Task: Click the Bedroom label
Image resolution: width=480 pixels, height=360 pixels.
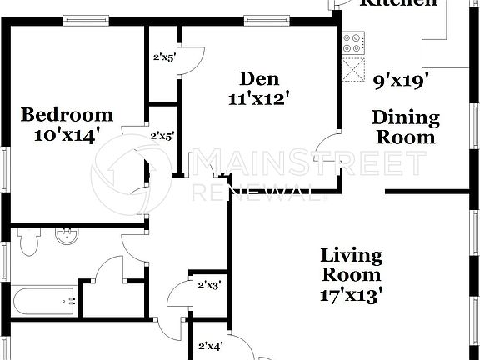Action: pyautogui.click(x=67, y=114)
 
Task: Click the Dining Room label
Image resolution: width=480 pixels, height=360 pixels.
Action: pyautogui.click(x=404, y=127)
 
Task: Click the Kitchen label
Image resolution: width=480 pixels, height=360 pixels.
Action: pyautogui.click(x=397, y=3)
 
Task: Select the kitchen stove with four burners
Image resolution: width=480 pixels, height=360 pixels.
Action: pyautogui.click(x=353, y=41)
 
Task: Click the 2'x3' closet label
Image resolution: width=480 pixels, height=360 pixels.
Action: pyautogui.click(x=208, y=286)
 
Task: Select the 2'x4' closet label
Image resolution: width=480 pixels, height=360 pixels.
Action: pyautogui.click(x=209, y=346)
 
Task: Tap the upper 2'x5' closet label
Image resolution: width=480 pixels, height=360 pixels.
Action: pyautogui.click(x=162, y=58)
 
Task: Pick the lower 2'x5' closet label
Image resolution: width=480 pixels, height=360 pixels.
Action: pyautogui.click(x=161, y=135)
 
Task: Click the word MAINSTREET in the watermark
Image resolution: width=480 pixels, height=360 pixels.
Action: pyautogui.click(x=308, y=162)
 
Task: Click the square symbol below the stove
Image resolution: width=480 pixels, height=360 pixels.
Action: pyautogui.click(x=354, y=67)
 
